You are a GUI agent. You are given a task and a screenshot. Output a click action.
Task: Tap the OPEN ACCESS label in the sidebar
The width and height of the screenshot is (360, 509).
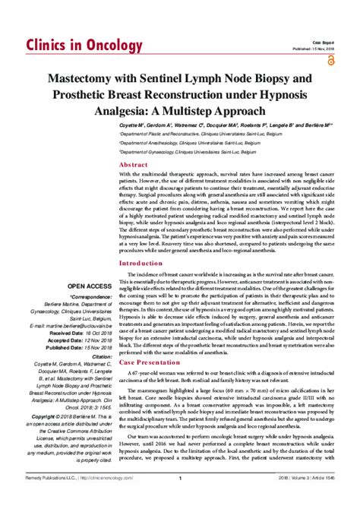(x=91, y=307)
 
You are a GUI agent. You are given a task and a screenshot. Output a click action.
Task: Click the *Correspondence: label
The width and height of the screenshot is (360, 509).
(x=89, y=318)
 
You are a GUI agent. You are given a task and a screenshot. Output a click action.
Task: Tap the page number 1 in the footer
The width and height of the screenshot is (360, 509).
(x=179, y=500)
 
